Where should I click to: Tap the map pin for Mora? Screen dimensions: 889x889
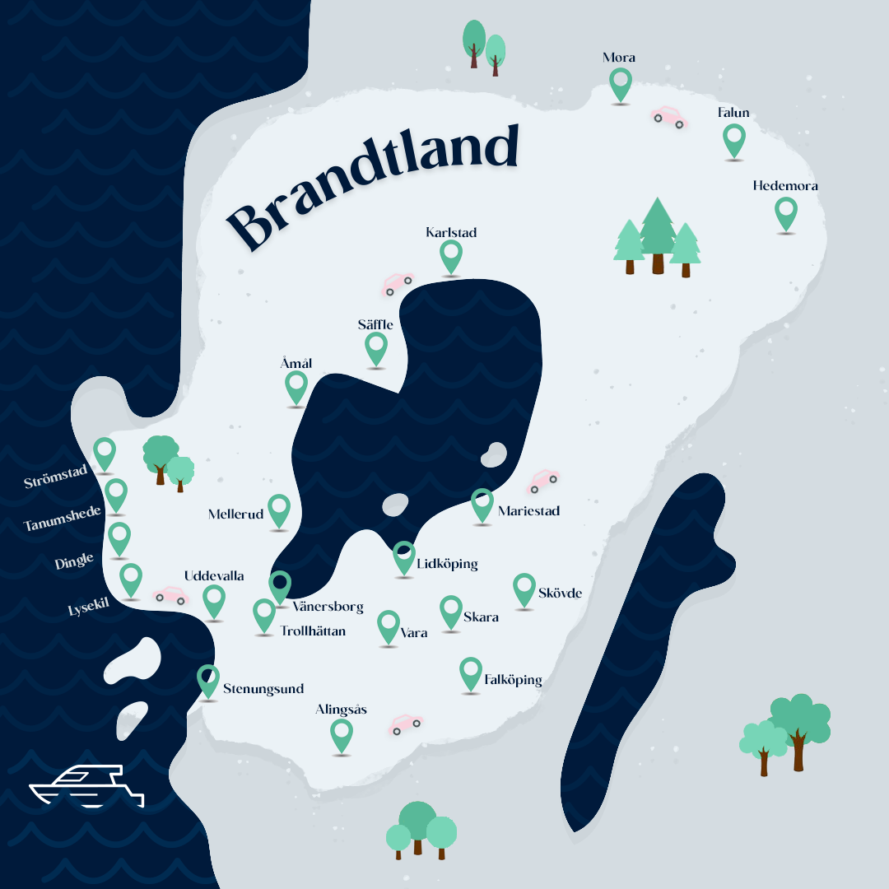tap(621, 83)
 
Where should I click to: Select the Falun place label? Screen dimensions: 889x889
tap(733, 113)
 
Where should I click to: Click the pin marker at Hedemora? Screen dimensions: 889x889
tap(786, 212)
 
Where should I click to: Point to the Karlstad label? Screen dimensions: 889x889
tap(451, 232)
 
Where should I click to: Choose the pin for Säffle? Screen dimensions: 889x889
tap(376, 347)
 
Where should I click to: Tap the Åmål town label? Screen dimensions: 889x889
tap(296, 363)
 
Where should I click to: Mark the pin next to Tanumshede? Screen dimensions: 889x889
tap(116, 494)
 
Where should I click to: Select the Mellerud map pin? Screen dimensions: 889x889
tap(279, 510)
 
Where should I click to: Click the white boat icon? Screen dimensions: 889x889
tap(86, 787)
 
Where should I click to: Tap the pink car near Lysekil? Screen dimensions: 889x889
tap(170, 595)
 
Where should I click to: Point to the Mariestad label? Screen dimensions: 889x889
tap(528, 511)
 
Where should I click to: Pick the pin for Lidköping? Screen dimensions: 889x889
tap(403, 556)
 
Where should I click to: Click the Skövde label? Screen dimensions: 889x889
tap(560, 593)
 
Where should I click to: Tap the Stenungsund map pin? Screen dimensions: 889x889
tap(208, 680)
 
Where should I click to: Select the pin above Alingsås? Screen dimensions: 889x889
tap(341, 733)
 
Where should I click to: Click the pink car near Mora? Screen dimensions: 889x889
tap(668, 117)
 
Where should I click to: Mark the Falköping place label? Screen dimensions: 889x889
tap(513, 680)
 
